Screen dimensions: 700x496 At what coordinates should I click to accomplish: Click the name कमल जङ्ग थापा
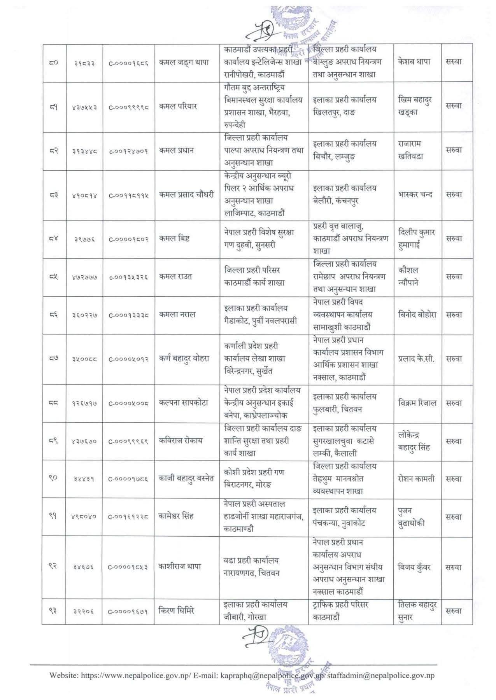coord(184,62)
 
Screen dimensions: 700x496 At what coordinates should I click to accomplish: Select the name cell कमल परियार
coord(178,106)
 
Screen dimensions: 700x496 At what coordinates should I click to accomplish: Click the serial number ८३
coord(54,195)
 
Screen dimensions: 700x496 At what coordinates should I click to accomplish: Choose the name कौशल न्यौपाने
coord(408,276)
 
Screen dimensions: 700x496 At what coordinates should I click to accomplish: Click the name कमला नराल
coord(177,315)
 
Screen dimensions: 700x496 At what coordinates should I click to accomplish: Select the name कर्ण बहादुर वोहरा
coord(184,359)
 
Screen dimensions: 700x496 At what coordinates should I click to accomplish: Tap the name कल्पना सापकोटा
coord(184,403)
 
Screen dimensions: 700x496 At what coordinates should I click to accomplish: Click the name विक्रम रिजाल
coord(417,403)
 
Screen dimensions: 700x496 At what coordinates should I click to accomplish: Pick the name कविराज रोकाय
coord(181,441)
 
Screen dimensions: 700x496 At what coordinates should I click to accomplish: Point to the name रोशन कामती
coord(416,479)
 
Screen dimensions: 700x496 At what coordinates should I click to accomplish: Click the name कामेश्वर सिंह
coord(176,516)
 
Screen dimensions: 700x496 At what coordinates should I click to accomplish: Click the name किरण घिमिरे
coord(177,611)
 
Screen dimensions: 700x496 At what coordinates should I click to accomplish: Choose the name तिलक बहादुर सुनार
coord(417,611)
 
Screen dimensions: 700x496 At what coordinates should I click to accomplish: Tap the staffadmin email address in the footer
coord(380,675)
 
